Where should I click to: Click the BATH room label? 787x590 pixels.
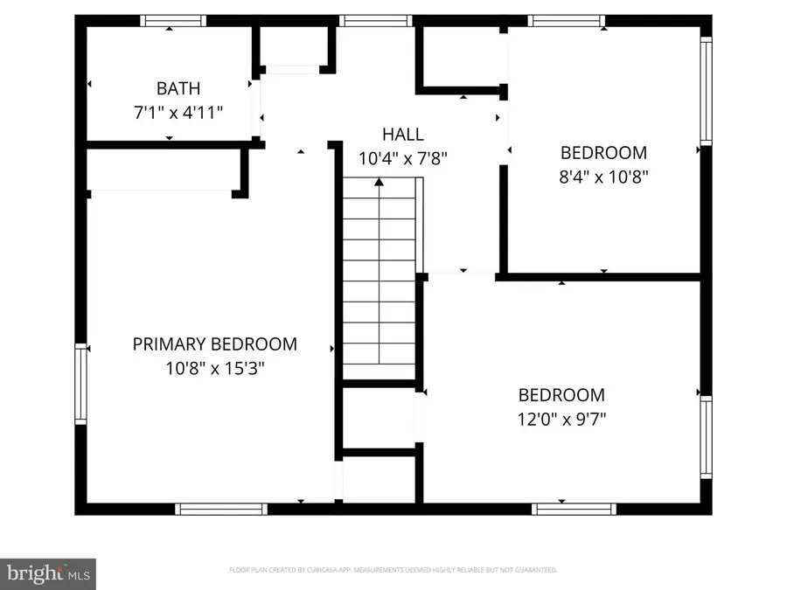click(x=178, y=88)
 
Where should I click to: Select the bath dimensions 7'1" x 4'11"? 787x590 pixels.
click(x=178, y=112)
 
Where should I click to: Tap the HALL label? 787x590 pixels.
click(x=402, y=135)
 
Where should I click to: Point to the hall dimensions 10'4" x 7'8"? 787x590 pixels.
click(x=402, y=158)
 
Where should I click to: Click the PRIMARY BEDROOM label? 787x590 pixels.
click(x=214, y=344)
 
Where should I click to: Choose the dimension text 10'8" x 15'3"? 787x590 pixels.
click(x=214, y=368)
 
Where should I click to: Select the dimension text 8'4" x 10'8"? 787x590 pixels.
click(x=603, y=176)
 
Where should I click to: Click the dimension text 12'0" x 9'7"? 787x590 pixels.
click(x=561, y=419)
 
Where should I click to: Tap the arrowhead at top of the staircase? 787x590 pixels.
click(x=379, y=182)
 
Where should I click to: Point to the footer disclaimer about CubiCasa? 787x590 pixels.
click(x=393, y=570)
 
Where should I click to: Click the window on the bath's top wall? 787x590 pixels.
click(x=173, y=21)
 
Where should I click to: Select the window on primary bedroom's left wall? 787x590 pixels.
click(x=82, y=384)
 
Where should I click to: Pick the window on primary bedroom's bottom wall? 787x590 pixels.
click(x=220, y=509)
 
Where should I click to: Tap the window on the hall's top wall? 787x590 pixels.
click(x=375, y=21)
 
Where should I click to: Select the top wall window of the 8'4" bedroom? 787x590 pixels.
click(x=567, y=21)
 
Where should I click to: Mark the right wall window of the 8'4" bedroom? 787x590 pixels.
click(x=706, y=90)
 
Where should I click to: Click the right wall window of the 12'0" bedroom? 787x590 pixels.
click(x=706, y=437)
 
